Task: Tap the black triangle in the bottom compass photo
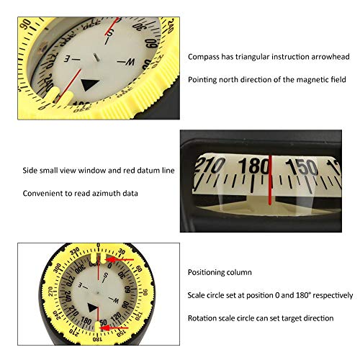click(93, 307)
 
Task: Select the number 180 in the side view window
click(253, 166)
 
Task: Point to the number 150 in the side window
click(302, 167)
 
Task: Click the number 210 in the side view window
click(210, 165)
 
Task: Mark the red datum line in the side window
click(270, 180)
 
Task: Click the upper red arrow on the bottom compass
click(120, 259)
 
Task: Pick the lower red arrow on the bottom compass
click(114, 328)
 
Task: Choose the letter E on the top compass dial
click(67, 58)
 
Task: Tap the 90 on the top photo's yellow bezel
click(26, 24)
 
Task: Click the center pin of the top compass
click(96, 58)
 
